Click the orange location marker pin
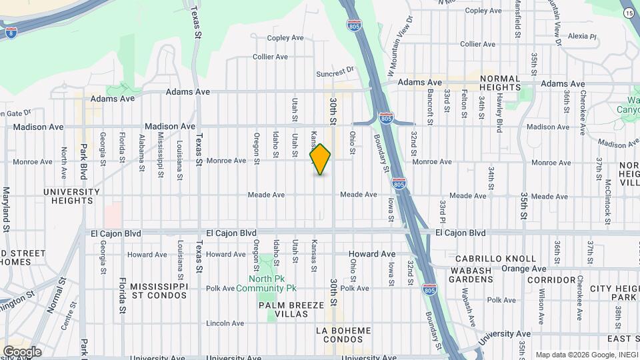coord(321,159)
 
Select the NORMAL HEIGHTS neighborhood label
coord(499,83)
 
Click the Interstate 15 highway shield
coord(629,13)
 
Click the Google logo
coord(21,351)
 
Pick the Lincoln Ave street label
coord(225,323)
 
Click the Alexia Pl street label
coord(577,36)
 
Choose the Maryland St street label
coord(6,209)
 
